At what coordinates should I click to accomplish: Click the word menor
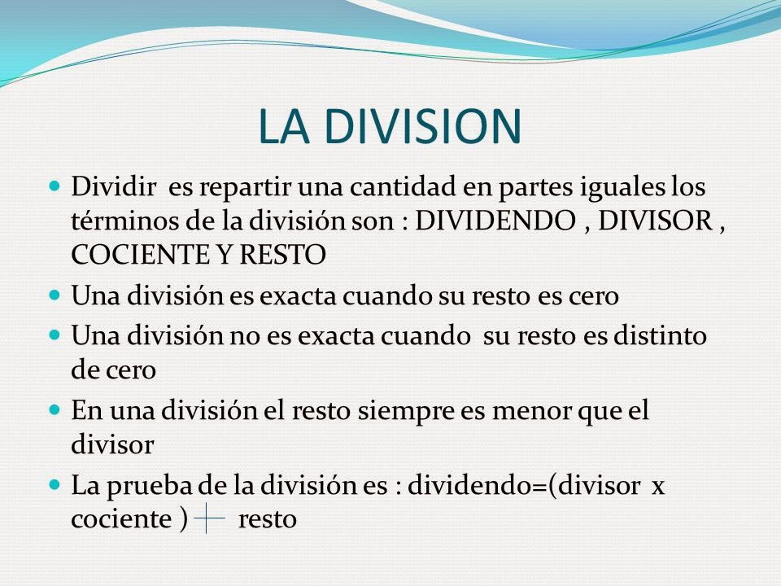pyautogui.click(x=525, y=412)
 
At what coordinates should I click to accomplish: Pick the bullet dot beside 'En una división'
pyautogui.click(x=55, y=412)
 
